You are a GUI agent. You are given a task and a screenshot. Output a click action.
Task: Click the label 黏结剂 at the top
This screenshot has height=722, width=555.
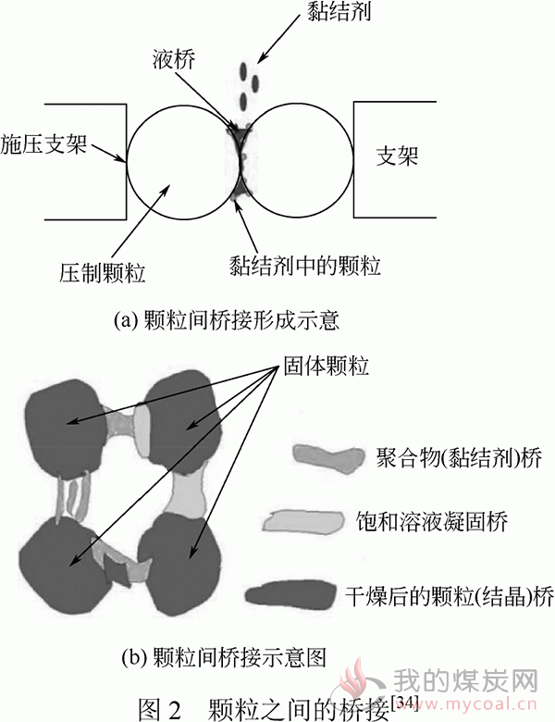click(x=339, y=11)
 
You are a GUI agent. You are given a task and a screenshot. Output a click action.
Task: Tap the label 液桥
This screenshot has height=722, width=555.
click(x=174, y=59)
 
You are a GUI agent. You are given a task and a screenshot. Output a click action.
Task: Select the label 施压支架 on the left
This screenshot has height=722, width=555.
click(x=43, y=144)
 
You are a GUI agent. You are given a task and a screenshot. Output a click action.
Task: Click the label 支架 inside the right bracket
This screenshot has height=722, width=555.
click(x=397, y=156)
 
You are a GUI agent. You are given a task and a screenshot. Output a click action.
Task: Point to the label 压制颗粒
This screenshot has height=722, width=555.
click(x=102, y=272)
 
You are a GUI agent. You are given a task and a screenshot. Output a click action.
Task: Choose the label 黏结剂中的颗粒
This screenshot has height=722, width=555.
click(x=305, y=266)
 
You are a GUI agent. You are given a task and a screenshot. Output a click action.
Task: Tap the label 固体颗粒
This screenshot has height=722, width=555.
click(x=326, y=366)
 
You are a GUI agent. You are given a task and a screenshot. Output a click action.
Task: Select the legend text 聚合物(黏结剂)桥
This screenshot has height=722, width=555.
click(x=460, y=457)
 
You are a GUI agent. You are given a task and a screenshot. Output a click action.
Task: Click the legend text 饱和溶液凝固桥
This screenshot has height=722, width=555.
click(x=432, y=522)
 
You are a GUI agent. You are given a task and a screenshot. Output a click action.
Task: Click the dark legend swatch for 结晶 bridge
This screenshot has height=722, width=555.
click(x=290, y=594)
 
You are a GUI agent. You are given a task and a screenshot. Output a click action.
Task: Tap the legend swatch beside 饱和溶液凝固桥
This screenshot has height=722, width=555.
click(x=306, y=521)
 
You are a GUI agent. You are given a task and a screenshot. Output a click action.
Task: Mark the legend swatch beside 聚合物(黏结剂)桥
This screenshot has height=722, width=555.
click(x=328, y=456)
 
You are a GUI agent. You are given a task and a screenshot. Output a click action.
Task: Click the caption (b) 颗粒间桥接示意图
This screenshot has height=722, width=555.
click(x=224, y=656)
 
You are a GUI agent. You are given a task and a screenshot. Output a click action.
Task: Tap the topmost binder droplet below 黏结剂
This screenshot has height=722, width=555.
click(x=243, y=71)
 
